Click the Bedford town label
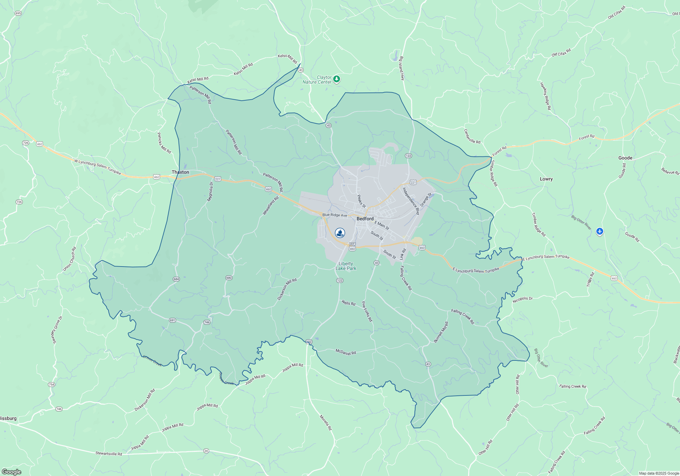click(365, 219)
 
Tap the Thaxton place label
click(180, 172)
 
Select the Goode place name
click(625, 158)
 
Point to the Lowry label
click(546, 179)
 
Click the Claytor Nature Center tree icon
click(337, 79)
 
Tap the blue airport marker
click(599, 232)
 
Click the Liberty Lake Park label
click(346, 266)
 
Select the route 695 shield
click(18, 13)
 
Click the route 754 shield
click(51, 385)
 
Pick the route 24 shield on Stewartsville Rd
click(206, 451)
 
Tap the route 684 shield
click(176, 279)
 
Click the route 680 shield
click(229, 278)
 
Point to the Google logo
click(12, 472)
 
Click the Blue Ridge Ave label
click(335, 215)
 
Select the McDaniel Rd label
click(345, 352)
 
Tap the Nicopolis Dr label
click(523, 299)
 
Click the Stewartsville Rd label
click(108, 454)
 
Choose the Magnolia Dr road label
click(210, 191)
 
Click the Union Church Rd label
click(69, 259)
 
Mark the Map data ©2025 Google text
click(659, 473)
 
